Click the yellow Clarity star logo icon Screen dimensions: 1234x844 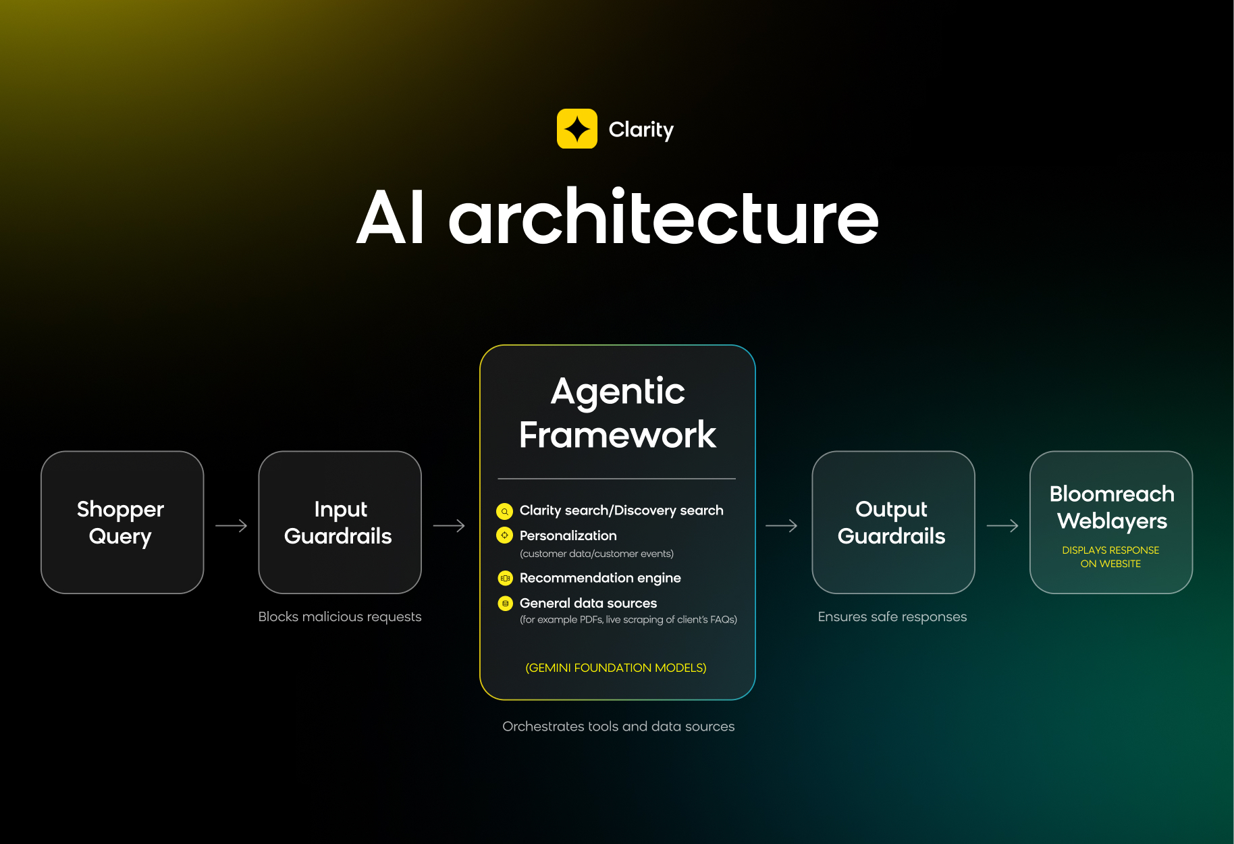point(576,128)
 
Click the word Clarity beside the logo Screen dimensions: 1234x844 point(641,130)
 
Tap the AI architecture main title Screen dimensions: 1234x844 point(617,217)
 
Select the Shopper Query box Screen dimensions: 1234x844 point(122,523)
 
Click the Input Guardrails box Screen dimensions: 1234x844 point(340,523)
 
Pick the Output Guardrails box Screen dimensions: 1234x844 point(893,523)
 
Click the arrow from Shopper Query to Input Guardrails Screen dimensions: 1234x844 point(232,525)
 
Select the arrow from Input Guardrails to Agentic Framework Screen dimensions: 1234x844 point(449,525)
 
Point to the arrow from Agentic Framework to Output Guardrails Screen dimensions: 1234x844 point(782,525)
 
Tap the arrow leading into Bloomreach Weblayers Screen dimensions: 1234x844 point(1002,525)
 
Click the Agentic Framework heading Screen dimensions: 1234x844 point(618,413)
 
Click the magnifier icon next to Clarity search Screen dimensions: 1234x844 point(504,511)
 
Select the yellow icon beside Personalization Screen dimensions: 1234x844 point(504,535)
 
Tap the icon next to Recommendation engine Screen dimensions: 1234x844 point(505,578)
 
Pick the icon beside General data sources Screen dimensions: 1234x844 point(505,603)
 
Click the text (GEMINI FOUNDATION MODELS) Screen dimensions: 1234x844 point(616,668)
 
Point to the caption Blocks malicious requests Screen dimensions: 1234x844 point(340,616)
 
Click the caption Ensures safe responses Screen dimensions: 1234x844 point(892,616)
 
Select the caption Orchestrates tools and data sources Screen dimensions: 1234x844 point(618,727)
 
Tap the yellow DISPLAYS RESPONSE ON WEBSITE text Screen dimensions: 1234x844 point(1110,557)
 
